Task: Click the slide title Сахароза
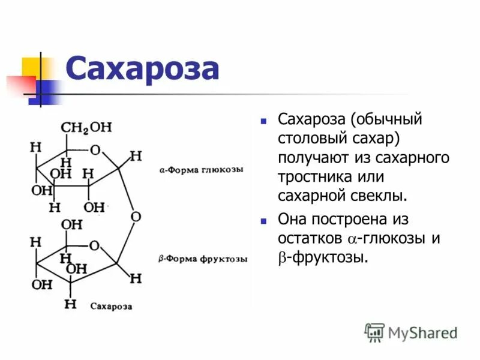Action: click(142, 68)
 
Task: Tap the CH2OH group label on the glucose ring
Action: click(86, 128)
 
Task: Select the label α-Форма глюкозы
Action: click(201, 170)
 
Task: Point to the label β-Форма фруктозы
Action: click(203, 259)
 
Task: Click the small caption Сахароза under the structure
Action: click(111, 306)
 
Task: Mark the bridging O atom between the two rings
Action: click(135, 216)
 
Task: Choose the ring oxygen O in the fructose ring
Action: click(94, 246)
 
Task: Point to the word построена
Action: click(352, 219)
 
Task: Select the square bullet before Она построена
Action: click(263, 220)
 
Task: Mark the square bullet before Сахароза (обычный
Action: click(263, 121)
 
